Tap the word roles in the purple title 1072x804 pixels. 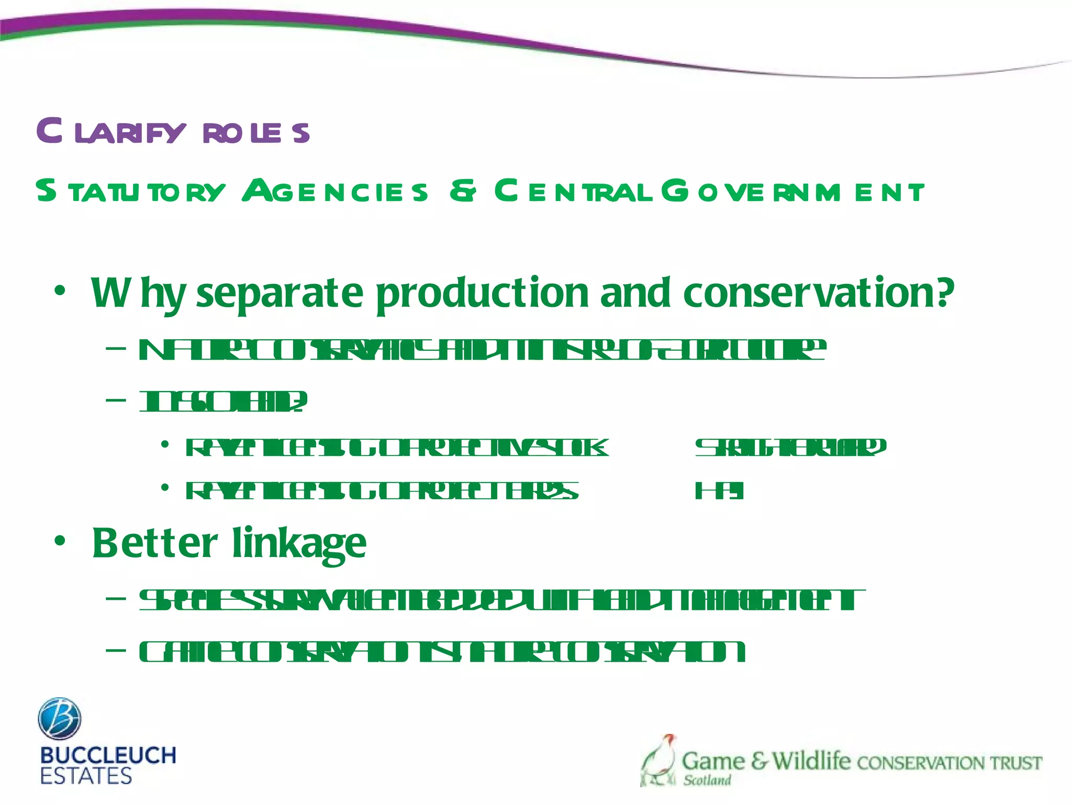pos(256,133)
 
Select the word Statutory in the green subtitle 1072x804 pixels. pos(131,191)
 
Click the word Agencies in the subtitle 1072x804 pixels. pos(335,191)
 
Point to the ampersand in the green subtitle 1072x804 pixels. pos(463,191)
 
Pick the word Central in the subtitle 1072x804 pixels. pos(574,191)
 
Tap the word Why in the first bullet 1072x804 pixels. pos(138,293)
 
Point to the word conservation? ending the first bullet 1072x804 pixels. pos(819,293)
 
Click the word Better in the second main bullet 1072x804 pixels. pos(155,543)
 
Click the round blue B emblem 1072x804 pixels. pos(60,718)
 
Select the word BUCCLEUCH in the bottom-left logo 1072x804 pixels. pos(108,756)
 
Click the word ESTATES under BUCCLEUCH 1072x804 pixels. pos(86,776)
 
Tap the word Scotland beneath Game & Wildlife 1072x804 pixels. pos(707,780)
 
